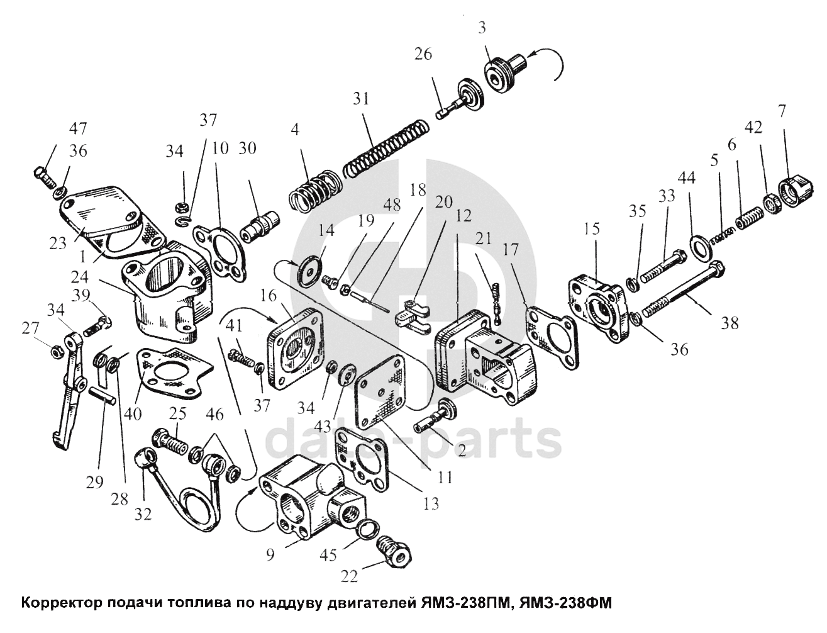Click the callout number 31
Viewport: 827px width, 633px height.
[x=361, y=99]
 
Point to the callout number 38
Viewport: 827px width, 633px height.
[x=730, y=323]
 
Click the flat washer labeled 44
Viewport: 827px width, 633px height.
[x=701, y=246]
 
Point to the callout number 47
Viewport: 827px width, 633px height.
[x=79, y=129]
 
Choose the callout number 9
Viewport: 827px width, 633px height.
[x=270, y=556]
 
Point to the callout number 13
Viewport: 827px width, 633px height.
[x=431, y=503]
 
